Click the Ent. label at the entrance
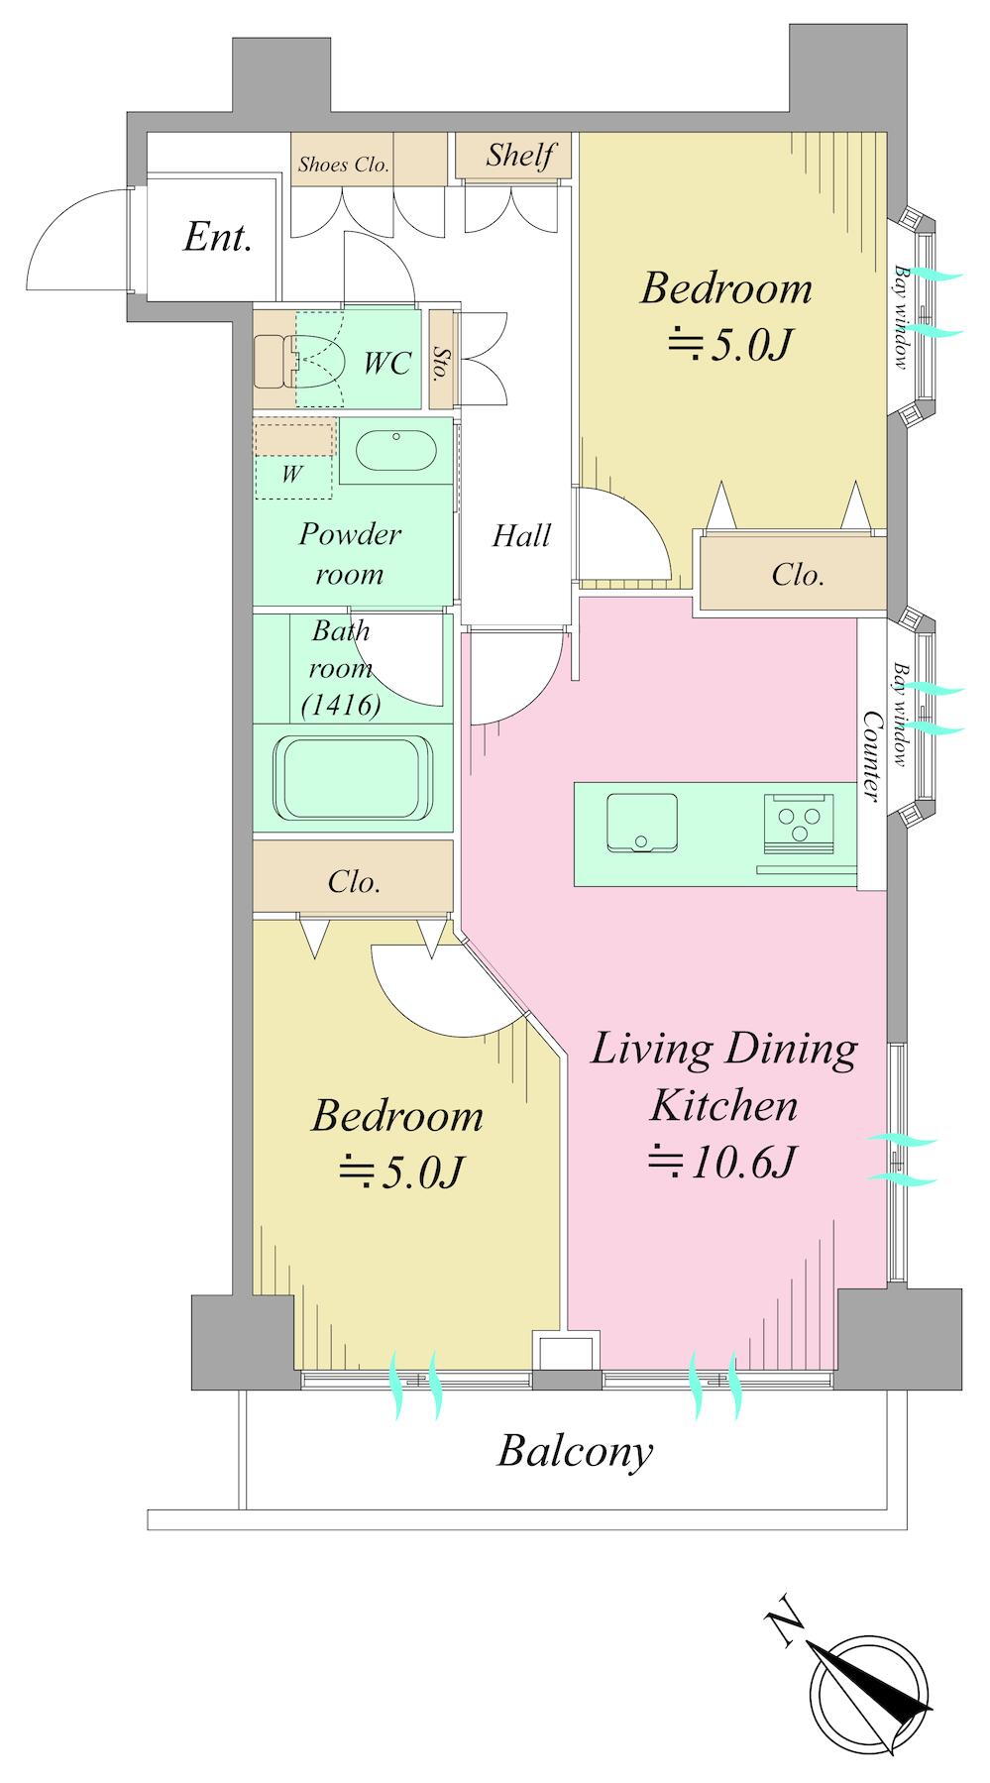[x=217, y=238]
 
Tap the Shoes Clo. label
[x=343, y=165]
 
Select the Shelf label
[x=519, y=155]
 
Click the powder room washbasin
[x=395, y=451]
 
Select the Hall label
[x=521, y=536]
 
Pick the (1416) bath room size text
[x=341, y=706]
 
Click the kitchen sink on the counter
[x=642, y=821]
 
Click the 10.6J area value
[x=720, y=1162]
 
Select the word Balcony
[x=576, y=1452]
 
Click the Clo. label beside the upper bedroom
[x=798, y=574]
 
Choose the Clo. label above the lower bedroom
[x=354, y=881]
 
